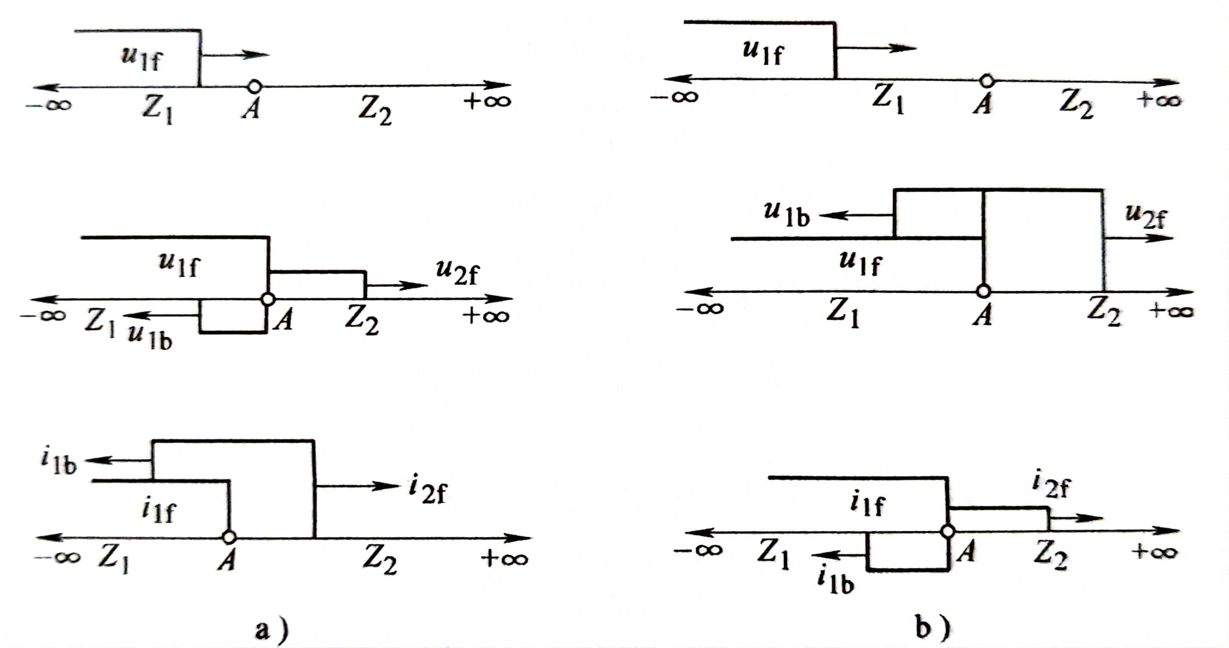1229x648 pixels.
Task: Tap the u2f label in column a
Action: pyautogui.click(x=456, y=273)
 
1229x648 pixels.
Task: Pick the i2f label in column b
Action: pyautogui.click(x=1051, y=485)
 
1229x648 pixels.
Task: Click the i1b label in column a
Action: pyautogui.click(x=58, y=461)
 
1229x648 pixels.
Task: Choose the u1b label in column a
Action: pyautogui.click(x=149, y=337)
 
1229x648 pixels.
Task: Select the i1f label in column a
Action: pyautogui.click(x=159, y=511)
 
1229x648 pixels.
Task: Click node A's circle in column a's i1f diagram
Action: pyautogui.click(x=229, y=537)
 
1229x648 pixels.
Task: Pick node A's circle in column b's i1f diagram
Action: pyautogui.click(x=948, y=531)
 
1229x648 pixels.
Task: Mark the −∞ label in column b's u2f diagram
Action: pyautogui.click(x=700, y=308)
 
